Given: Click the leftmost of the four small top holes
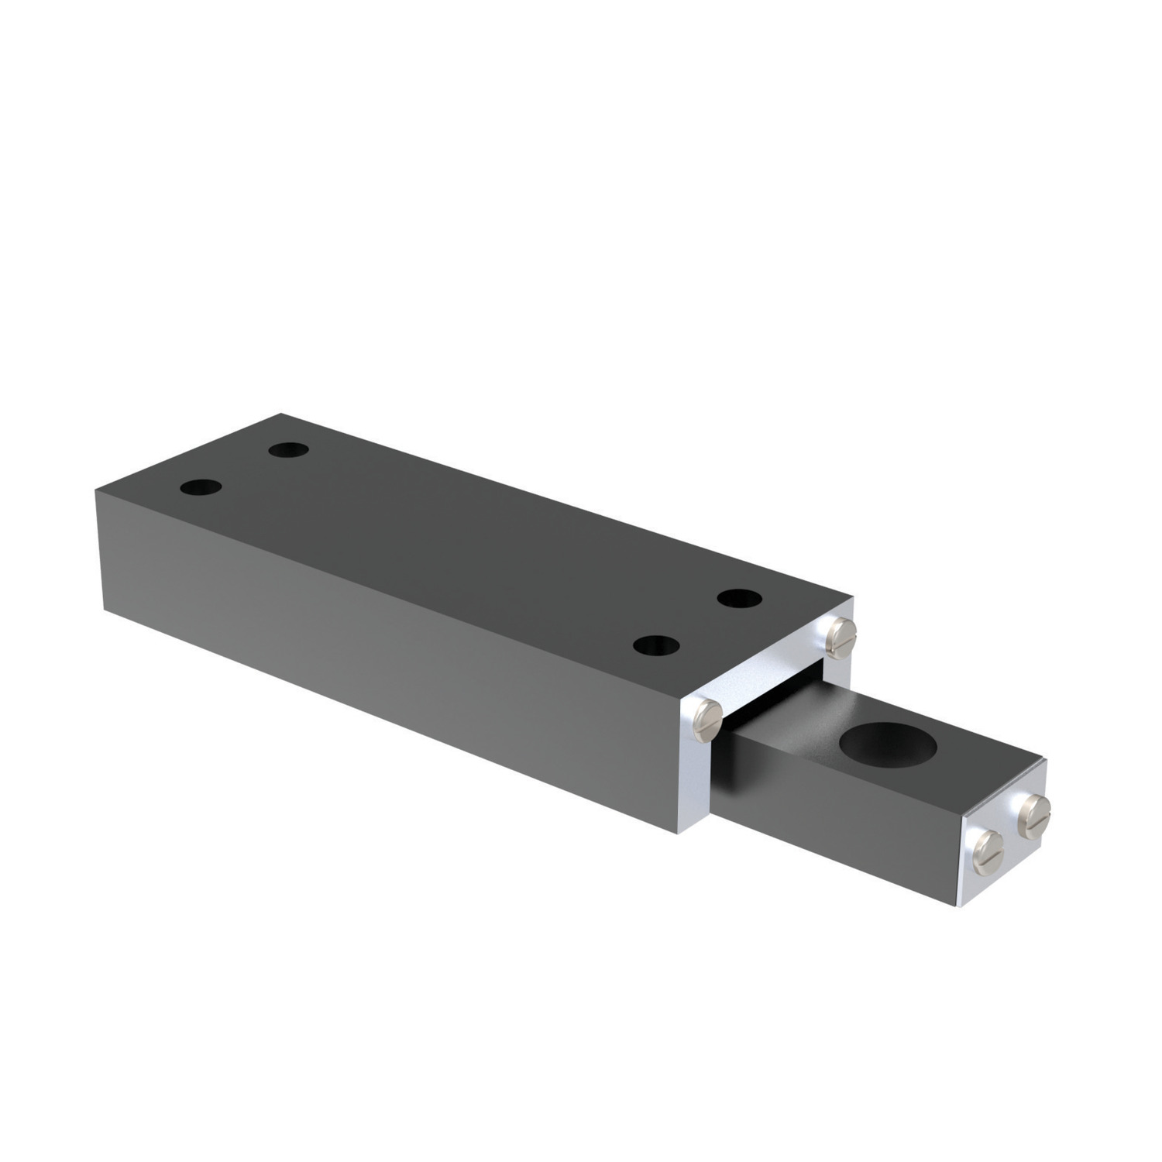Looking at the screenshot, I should [201, 488].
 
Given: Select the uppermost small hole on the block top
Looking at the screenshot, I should [289, 449].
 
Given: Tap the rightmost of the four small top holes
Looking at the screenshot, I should [738, 598].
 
